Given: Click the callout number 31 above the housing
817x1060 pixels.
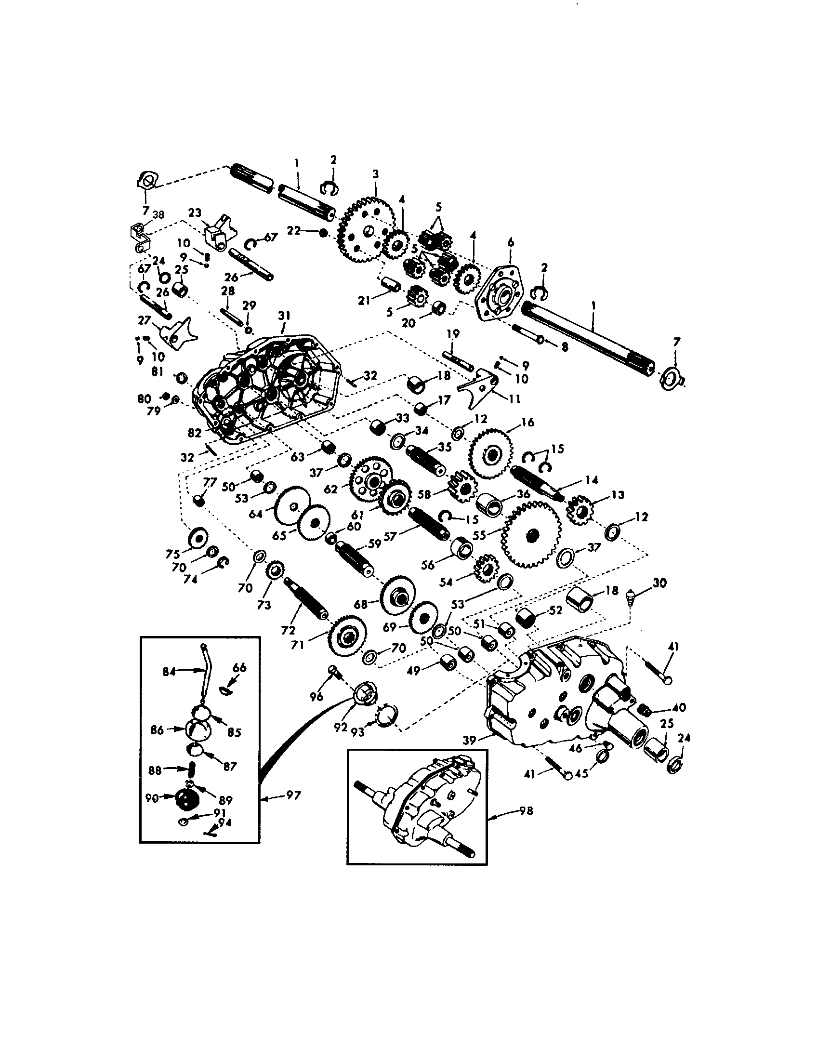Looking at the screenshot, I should [x=284, y=316].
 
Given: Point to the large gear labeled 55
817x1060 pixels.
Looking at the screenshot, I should [x=532, y=534].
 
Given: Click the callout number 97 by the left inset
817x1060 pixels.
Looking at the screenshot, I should [x=293, y=795].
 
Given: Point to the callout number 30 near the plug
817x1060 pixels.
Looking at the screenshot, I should [x=660, y=583].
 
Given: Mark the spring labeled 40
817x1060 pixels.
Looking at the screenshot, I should [x=657, y=710].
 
